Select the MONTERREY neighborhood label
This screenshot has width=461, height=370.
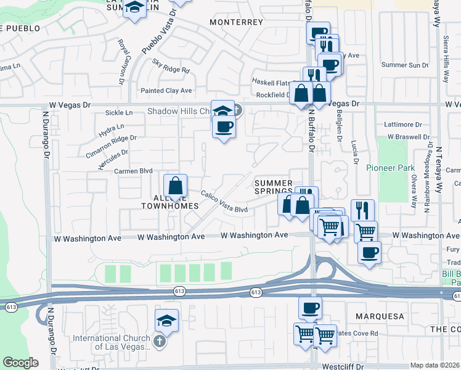pos(236,22)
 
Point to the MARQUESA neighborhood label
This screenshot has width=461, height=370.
pos(380,316)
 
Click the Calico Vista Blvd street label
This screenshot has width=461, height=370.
pos(224,202)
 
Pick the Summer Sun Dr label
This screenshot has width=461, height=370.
pos(405,65)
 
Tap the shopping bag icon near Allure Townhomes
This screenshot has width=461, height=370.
pos(176,185)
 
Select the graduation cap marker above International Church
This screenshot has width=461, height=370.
pos(167,321)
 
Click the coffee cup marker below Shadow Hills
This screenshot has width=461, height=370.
pos(224,127)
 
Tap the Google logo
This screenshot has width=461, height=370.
pos(20,363)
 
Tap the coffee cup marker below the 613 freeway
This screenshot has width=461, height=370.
pos(310,308)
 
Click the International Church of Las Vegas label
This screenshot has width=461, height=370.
pos(112,342)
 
